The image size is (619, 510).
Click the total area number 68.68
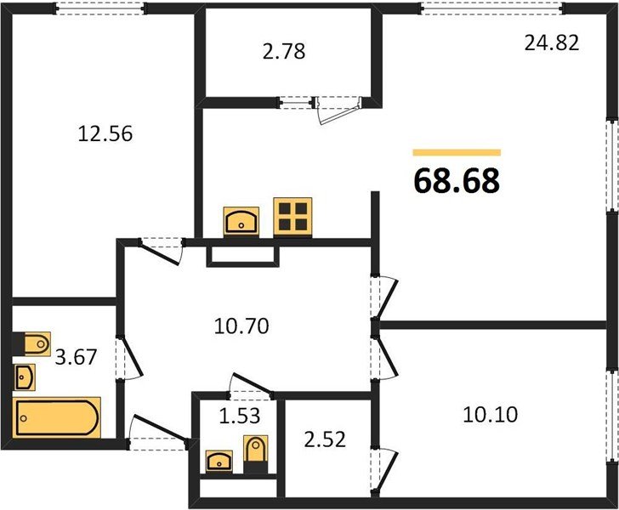click(x=457, y=180)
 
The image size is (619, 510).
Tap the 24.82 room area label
click(x=552, y=43)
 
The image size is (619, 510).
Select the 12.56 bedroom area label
click(x=105, y=133)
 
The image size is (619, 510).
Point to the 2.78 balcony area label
click(x=284, y=53)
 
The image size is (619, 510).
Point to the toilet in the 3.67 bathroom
click(x=35, y=343)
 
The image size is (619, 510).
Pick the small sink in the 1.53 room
click(x=220, y=462)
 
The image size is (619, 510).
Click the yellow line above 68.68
click(x=457, y=152)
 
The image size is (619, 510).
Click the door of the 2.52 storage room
click(x=385, y=465)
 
